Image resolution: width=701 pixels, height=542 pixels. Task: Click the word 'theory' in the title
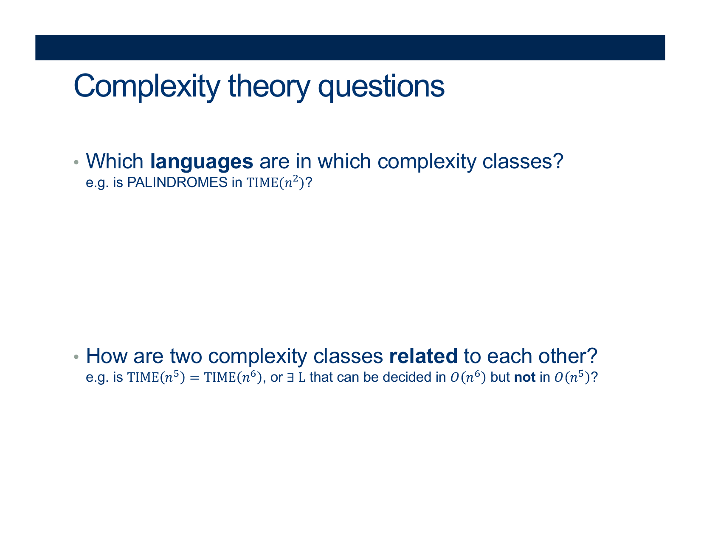269,87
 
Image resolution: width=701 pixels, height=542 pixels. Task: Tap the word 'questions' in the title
381,87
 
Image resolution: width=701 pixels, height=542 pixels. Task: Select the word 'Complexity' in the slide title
147,87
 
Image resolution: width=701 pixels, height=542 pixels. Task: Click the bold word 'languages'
202,162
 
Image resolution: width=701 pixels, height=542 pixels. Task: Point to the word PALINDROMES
177,182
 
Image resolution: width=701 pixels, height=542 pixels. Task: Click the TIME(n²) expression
275,183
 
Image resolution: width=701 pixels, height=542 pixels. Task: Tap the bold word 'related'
423,356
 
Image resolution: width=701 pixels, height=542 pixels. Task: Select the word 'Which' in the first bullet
115,161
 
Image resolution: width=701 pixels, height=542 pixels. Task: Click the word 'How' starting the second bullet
107,356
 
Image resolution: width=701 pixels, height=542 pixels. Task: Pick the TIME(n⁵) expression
156,377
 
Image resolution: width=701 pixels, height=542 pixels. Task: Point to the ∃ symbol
290,377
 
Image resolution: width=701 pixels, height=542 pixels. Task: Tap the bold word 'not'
525,377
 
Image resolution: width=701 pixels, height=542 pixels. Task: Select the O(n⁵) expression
572,377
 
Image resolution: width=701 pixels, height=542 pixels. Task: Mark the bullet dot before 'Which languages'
76,162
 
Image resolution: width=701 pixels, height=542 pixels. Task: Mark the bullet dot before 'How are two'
76,357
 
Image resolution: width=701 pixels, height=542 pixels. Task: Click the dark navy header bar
350,48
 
